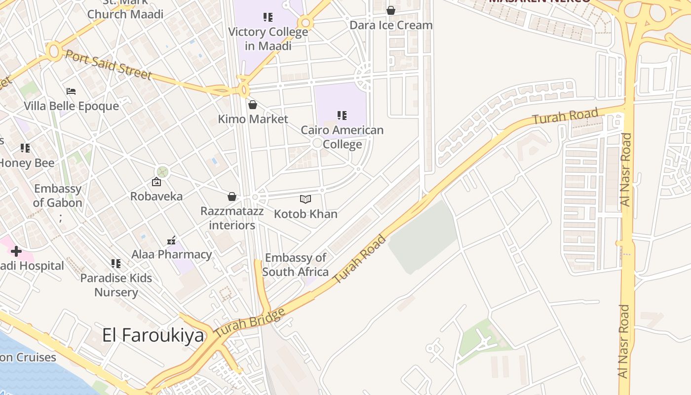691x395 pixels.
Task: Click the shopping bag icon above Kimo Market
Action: [253, 105]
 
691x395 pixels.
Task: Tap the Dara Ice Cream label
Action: [391, 25]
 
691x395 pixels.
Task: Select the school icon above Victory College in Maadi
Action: [268, 18]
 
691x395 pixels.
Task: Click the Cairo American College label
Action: [342, 137]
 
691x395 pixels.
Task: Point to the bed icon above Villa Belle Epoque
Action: [71, 91]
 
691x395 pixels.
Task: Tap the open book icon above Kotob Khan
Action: [306, 199]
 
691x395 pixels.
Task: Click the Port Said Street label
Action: [109, 64]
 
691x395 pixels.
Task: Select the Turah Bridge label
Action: [250, 323]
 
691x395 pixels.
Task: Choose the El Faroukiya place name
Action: [153, 335]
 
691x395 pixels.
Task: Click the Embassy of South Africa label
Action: [295, 265]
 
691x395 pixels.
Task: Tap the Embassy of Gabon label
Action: [58, 196]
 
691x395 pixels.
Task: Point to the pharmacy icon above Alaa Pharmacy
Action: [171, 240]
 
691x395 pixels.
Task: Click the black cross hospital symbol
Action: [16, 251]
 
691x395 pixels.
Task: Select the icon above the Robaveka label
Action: [156, 182]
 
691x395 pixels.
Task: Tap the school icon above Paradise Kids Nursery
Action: [116, 264]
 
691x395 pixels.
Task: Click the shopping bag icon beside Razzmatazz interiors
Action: [231, 197]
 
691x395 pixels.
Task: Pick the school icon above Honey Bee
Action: [25, 148]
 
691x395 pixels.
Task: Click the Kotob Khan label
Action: [306, 214]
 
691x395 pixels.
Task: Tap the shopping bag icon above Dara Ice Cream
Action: [391, 10]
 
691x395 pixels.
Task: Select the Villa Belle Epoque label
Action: [72, 106]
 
